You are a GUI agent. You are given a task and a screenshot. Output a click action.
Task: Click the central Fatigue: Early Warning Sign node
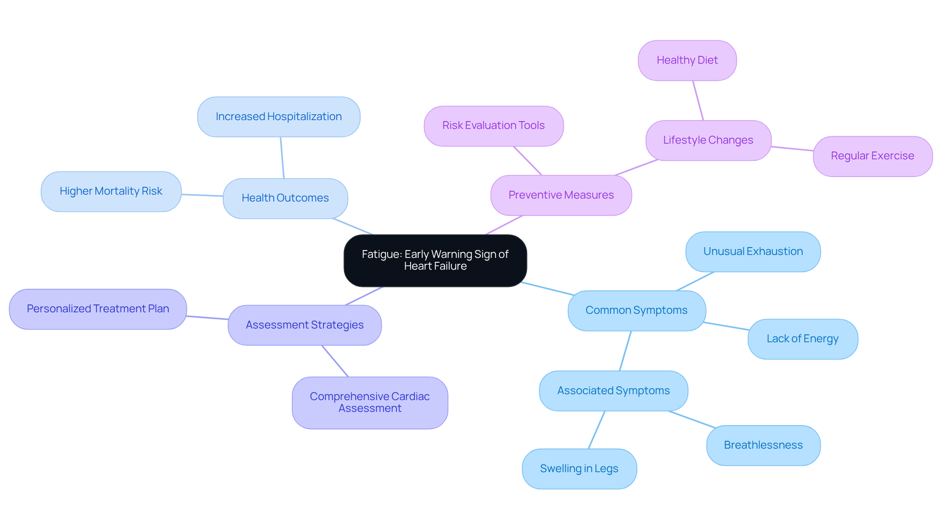tap(435, 260)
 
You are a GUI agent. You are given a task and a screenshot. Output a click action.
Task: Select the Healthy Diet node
tap(687, 60)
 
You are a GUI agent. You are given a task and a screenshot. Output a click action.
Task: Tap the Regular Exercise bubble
tap(872, 156)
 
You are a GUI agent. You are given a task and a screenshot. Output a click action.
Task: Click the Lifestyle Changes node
tap(708, 140)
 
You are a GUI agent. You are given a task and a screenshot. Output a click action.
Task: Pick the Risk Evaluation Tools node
tap(494, 126)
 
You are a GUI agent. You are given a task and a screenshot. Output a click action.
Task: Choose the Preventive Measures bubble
tap(561, 195)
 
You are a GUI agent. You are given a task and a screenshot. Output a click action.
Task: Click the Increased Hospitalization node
tap(279, 117)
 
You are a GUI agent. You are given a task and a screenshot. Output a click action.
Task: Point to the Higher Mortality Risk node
tap(111, 191)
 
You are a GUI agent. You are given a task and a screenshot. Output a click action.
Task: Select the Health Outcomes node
tap(285, 198)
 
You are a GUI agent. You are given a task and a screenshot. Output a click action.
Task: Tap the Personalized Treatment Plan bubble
tap(98, 309)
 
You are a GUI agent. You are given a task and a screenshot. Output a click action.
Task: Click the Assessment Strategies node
tap(305, 325)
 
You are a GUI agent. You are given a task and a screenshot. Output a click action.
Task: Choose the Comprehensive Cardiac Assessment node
tap(369, 403)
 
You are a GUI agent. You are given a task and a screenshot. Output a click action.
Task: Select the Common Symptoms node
tap(636, 310)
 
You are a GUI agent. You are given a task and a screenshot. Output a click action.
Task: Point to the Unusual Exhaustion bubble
tap(753, 252)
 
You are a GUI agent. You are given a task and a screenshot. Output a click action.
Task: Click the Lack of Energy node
tap(802, 339)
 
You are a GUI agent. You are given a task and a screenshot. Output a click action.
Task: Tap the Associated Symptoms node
tap(613, 391)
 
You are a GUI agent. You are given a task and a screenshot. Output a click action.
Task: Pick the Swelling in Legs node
tap(579, 469)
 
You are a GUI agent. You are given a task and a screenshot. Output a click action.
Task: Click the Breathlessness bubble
tap(763, 445)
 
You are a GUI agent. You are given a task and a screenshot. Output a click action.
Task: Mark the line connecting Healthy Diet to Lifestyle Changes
tap(698, 101)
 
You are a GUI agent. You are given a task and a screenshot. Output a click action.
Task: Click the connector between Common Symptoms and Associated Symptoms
tap(626, 351)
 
